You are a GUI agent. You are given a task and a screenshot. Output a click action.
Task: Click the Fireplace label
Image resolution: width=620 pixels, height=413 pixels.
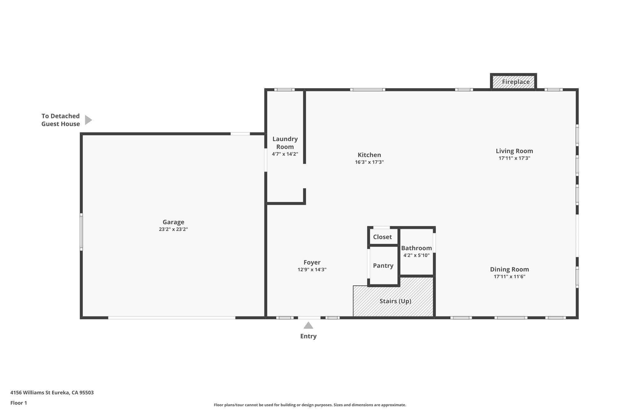click(x=516, y=82)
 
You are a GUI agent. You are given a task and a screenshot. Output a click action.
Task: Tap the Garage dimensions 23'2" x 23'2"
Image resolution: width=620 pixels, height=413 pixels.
click(x=173, y=229)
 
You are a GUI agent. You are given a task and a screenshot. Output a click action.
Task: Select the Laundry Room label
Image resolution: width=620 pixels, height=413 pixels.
click(x=285, y=143)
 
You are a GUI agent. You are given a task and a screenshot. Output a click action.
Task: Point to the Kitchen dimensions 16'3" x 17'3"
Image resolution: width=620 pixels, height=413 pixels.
click(x=369, y=162)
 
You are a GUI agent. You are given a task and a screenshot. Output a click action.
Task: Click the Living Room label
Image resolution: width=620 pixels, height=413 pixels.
click(x=514, y=151)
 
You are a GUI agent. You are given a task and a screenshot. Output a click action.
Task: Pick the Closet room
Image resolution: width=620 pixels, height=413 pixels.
click(x=383, y=237)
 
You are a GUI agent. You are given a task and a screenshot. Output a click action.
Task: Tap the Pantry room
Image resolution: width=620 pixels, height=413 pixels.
click(x=383, y=266)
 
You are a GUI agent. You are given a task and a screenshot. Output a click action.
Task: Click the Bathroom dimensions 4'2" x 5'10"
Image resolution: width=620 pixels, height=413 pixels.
click(x=416, y=255)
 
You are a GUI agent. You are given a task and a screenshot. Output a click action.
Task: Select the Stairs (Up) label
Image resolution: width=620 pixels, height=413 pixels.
click(x=395, y=301)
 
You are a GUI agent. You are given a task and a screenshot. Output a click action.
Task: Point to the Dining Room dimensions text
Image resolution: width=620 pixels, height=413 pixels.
click(x=509, y=276)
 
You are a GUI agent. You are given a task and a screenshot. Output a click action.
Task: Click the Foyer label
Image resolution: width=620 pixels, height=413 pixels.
click(x=312, y=262)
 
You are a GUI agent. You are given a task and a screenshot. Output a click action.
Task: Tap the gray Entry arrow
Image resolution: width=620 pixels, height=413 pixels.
click(x=308, y=325)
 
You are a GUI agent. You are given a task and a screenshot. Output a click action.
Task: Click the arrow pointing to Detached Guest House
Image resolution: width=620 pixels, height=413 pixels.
click(x=88, y=120)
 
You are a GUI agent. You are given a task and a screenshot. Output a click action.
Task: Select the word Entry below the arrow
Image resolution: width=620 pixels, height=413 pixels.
click(x=308, y=336)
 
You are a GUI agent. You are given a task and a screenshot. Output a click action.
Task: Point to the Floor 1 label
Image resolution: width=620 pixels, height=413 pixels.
click(x=19, y=403)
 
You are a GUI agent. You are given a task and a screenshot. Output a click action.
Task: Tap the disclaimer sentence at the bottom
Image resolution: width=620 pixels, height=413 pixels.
click(x=310, y=405)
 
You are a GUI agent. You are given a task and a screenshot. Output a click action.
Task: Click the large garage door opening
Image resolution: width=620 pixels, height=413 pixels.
click(x=172, y=318)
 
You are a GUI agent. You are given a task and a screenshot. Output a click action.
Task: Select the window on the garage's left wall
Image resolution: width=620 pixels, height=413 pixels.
click(x=81, y=232)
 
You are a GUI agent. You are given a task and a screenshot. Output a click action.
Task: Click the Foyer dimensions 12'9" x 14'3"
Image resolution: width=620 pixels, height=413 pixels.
click(x=312, y=270)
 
